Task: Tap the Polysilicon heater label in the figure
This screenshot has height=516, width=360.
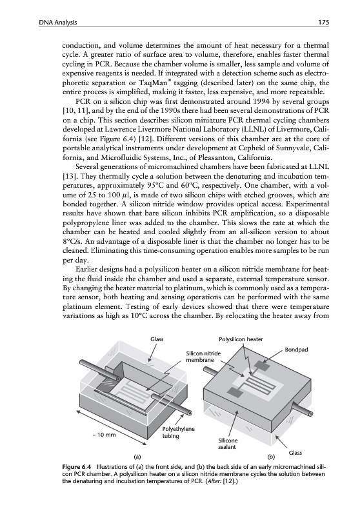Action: pyautogui.click(x=241, y=339)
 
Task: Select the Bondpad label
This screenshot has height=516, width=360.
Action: pyautogui.click(x=296, y=349)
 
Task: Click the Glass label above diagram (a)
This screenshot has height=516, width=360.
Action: pyautogui.click(x=157, y=339)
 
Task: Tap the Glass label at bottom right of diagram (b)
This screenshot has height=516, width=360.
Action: pyautogui.click(x=295, y=453)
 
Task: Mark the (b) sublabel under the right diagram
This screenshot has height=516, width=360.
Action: pyautogui.click(x=271, y=457)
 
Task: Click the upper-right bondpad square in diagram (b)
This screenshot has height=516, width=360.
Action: pyautogui.click(x=261, y=365)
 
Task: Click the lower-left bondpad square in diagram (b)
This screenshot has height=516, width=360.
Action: pyautogui.click(x=234, y=392)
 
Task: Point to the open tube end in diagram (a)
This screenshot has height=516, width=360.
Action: pyautogui.click(x=190, y=412)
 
